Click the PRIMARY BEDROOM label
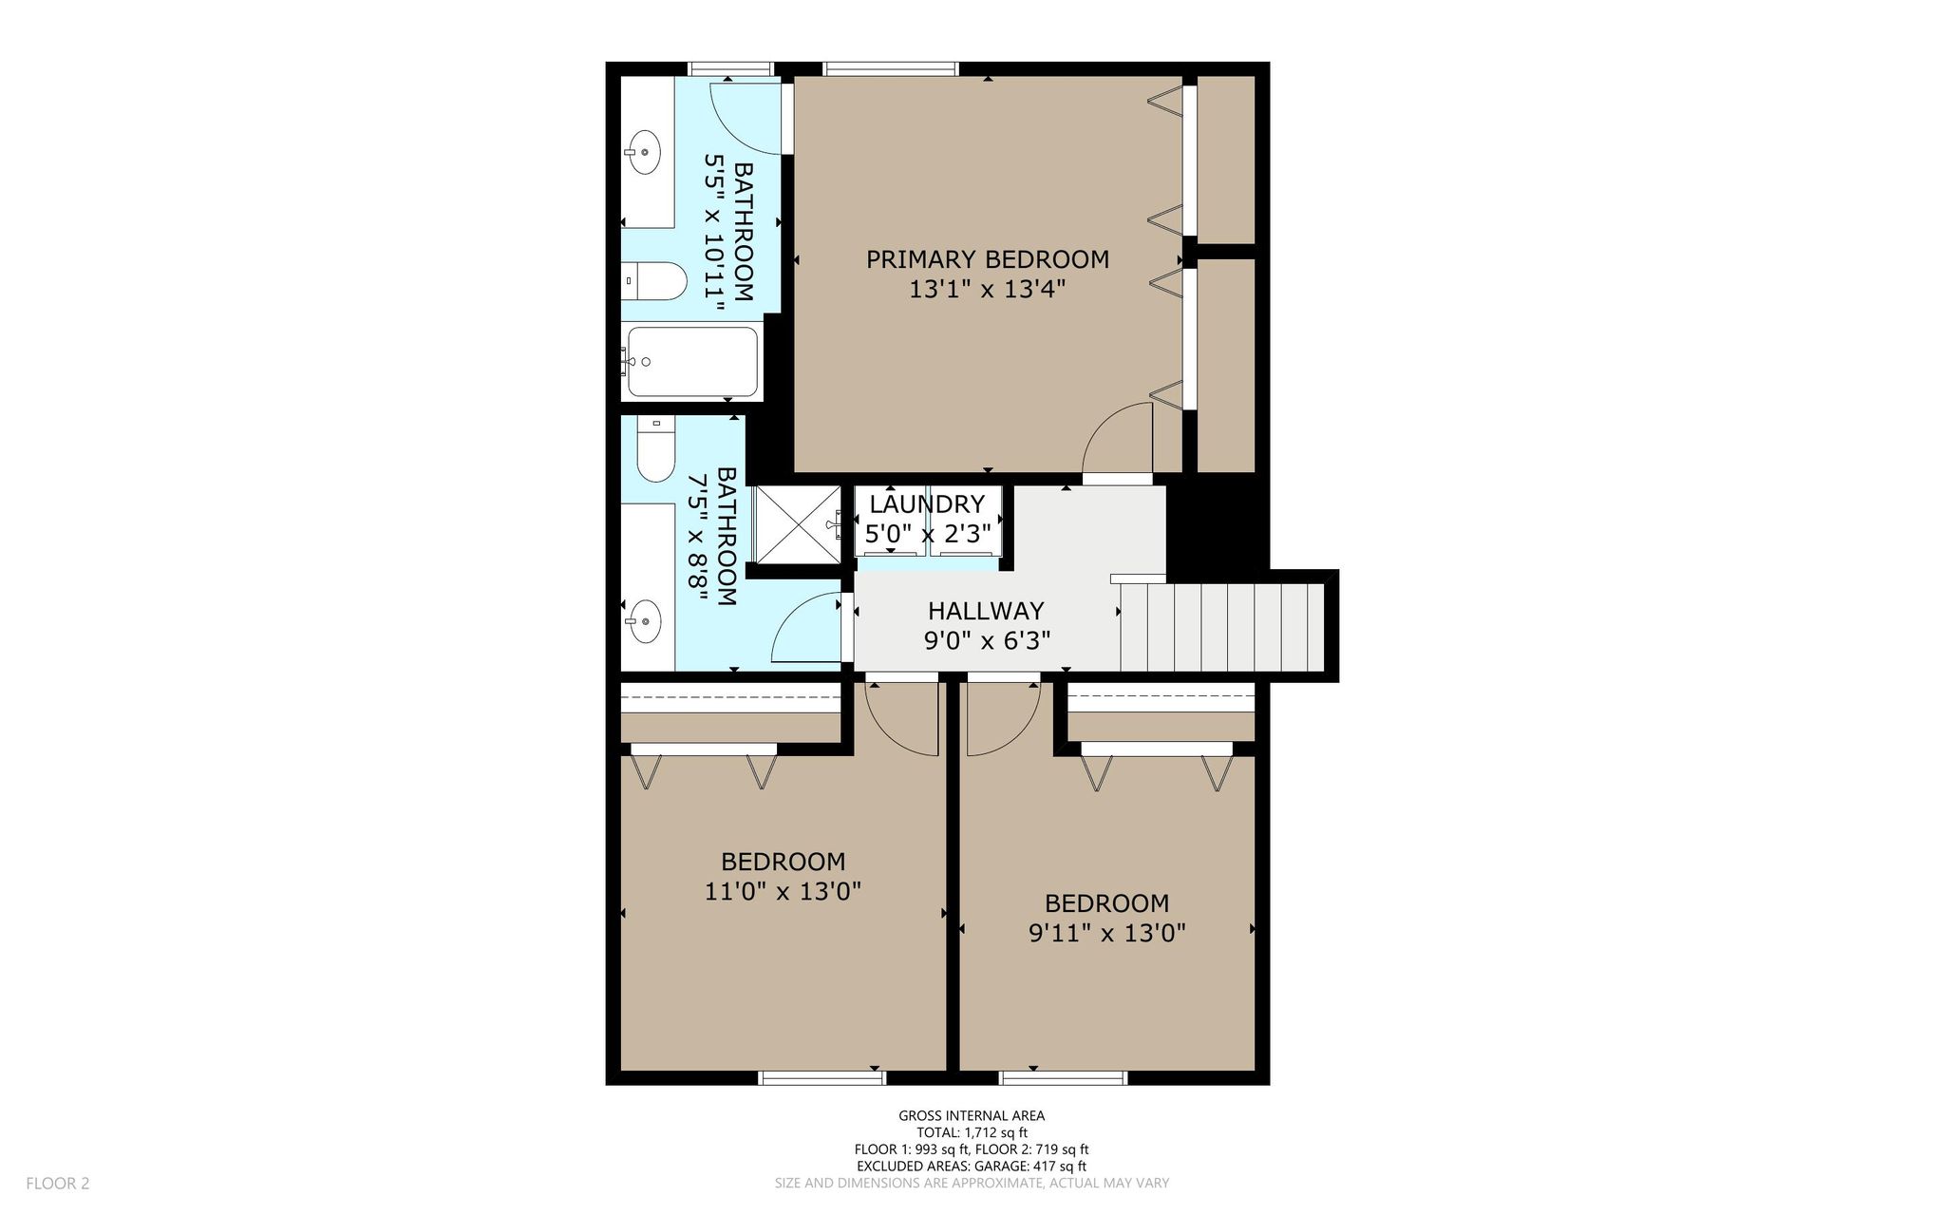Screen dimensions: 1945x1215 [x=988, y=259]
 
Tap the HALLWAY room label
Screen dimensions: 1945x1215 [x=986, y=610]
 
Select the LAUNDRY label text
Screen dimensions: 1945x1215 [x=927, y=503]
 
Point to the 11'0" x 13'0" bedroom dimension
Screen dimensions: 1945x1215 [x=783, y=891]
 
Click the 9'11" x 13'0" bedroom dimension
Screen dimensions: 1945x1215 [x=1107, y=933]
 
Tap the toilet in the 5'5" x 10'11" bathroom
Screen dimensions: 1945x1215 [x=654, y=281]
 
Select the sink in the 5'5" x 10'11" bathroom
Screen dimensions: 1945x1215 [x=644, y=151]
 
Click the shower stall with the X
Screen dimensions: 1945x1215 [x=797, y=523]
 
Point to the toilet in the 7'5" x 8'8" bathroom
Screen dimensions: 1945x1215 [x=655, y=450]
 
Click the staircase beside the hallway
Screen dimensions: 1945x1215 [x=1222, y=626]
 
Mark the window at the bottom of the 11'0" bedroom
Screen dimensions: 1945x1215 [x=822, y=1077]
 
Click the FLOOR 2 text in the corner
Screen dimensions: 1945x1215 [x=57, y=1184]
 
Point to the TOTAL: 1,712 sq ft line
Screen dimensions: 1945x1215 [x=972, y=1132]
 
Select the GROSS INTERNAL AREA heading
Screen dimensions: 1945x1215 [x=972, y=1116]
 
